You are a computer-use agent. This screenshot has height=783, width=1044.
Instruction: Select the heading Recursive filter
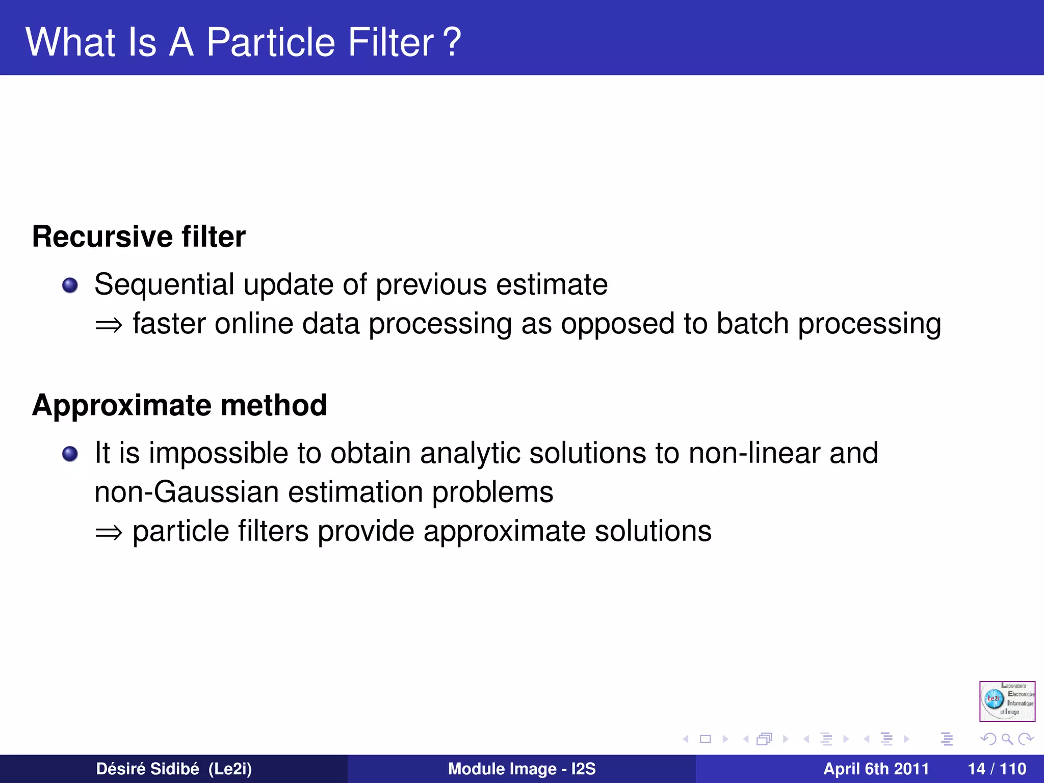coord(139,237)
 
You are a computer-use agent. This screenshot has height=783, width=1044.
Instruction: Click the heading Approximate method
coord(179,405)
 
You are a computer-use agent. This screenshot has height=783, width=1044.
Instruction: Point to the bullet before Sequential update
coord(70,285)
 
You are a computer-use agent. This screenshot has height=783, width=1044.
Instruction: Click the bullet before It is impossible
coord(70,454)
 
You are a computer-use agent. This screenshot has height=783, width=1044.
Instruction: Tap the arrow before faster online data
coord(109,325)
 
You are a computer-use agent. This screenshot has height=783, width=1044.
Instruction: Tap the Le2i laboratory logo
coord(1007,701)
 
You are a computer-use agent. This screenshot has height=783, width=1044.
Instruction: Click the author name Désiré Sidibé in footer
coord(148,769)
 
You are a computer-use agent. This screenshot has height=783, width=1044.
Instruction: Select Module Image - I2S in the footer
coord(521,769)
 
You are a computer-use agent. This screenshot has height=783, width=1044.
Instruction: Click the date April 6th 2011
coord(876,769)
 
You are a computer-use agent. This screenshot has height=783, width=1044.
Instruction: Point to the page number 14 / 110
coord(997,769)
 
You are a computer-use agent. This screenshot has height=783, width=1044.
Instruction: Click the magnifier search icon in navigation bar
coord(1006,739)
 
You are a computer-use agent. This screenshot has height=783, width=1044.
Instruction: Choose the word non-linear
coord(754,453)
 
